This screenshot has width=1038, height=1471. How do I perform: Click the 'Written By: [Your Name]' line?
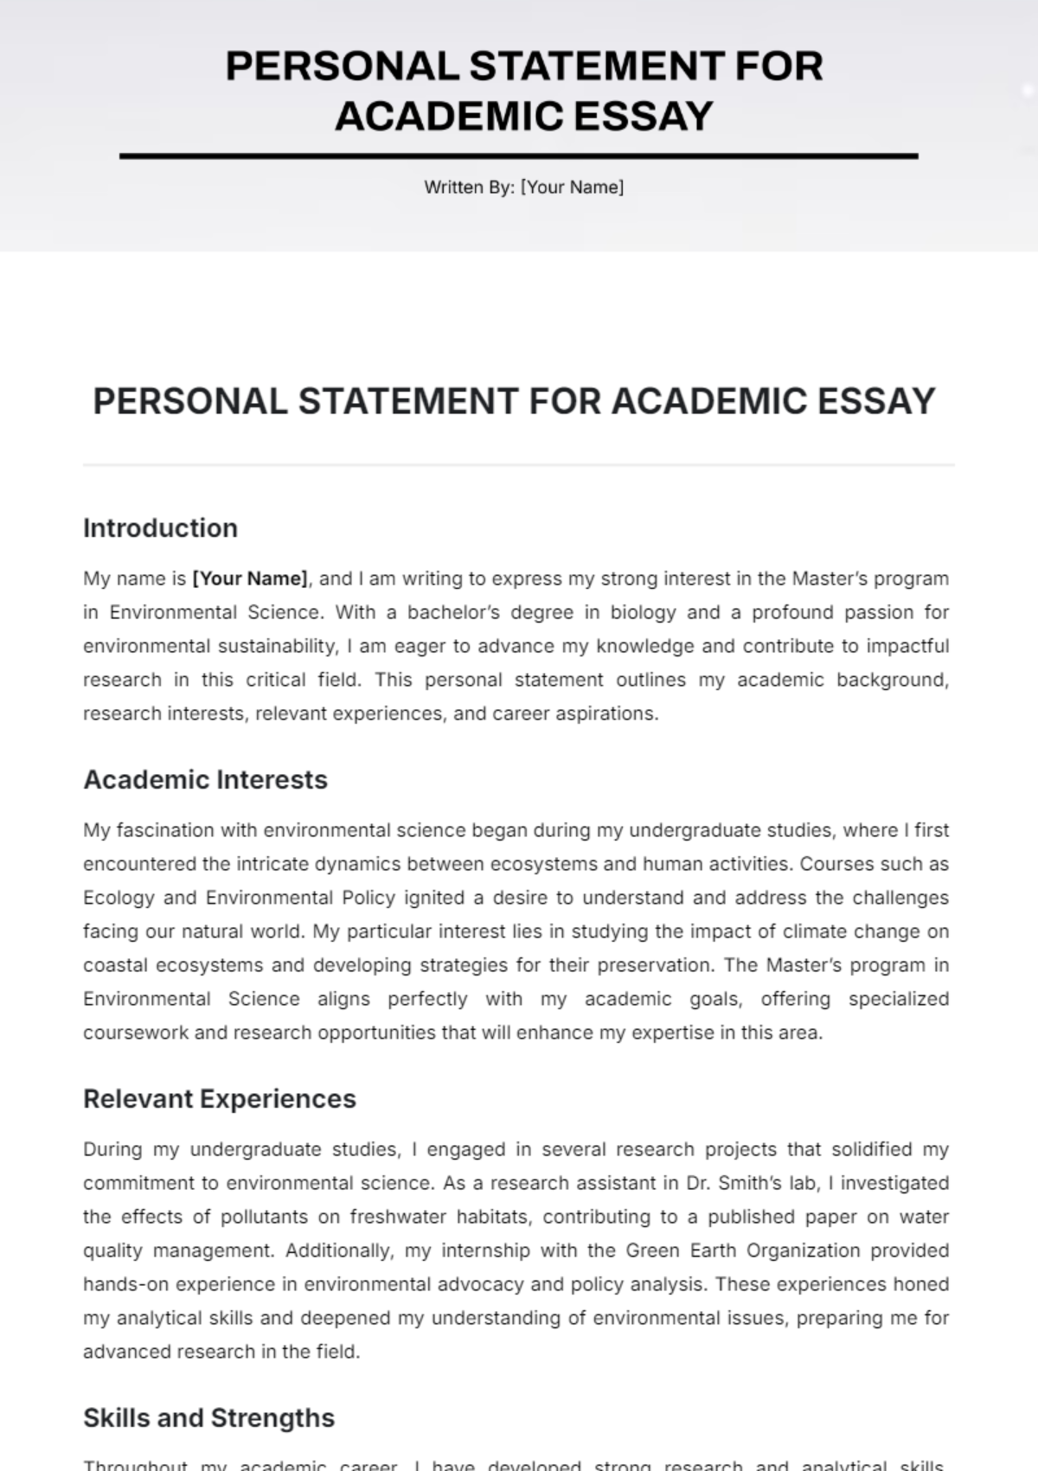point(523,187)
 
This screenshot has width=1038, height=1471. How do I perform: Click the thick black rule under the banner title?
point(519,157)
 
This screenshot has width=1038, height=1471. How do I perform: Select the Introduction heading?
point(160,528)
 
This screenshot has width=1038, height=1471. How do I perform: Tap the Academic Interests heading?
point(205,779)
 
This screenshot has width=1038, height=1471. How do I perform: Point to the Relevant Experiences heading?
point(219,1098)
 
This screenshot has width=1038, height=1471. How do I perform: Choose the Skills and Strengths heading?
point(208,1417)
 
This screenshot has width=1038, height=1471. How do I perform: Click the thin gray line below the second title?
point(519,465)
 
